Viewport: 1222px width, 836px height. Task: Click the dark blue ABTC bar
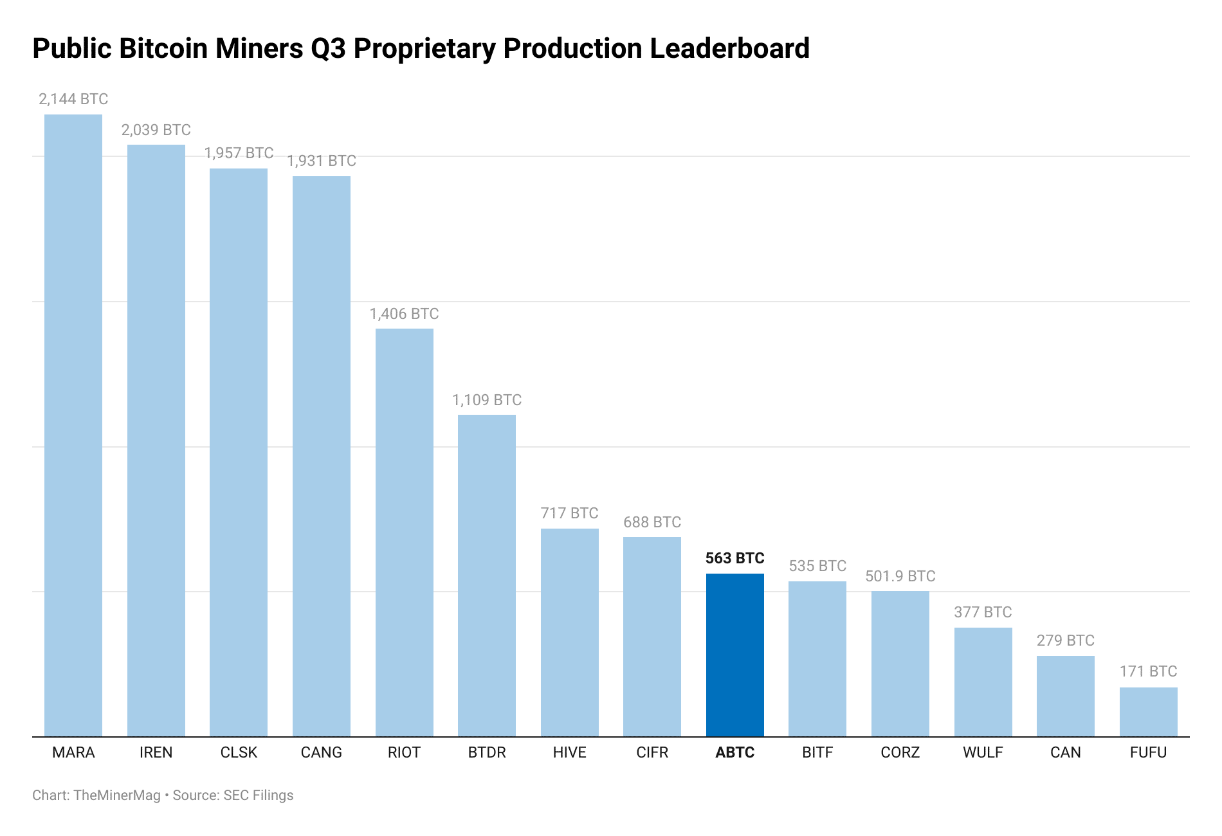(734, 655)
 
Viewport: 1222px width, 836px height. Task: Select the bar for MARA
(73, 424)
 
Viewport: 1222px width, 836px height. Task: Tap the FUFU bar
(1148, 712)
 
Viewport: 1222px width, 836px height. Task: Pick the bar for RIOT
(404, 532)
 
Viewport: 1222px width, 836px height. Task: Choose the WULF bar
(983, 682)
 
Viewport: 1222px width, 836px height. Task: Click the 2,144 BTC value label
(73, 99)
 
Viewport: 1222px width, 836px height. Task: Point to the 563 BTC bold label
(734, 558)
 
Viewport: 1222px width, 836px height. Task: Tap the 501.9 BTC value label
(900, 576)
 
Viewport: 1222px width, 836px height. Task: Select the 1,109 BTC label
(487, 400)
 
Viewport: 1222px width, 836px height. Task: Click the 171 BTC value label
(1148, 671)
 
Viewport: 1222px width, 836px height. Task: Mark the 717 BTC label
(569, 513)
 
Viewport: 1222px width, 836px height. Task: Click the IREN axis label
(156, 752)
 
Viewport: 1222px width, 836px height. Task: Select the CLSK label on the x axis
(239, 752)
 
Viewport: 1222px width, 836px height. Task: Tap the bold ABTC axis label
(734, 752)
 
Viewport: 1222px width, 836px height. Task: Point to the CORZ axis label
(900, 752)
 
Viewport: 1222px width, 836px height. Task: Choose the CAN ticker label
(1065, 752)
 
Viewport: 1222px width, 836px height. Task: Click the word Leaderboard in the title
(729, 49)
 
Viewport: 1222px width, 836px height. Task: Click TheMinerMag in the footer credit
(117, 795)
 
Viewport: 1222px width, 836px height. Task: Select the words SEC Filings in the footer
(258, 795)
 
